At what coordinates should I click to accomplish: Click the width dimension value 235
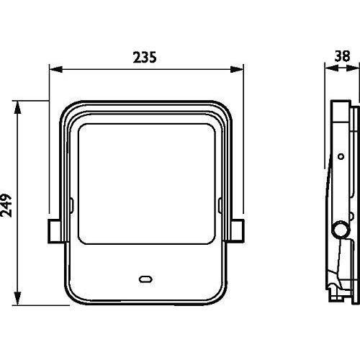pos(145,56)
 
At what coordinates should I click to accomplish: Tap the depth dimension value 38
pos(342,56)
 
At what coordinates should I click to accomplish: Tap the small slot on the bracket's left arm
pos(72,207)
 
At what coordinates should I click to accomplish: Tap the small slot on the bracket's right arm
pos(219,207)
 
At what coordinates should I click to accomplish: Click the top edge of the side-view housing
pos(343,102)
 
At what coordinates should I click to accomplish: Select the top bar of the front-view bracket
pos(145,105)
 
